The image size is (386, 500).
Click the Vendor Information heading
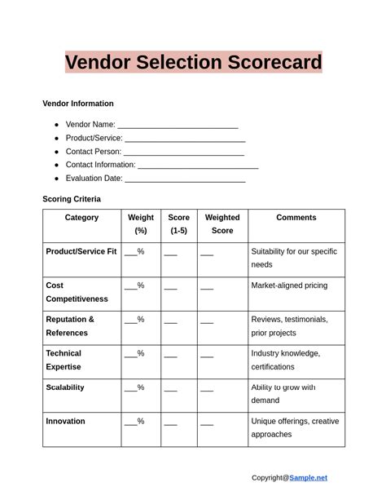click(x=78, y=104)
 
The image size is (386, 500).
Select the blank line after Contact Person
click(x=183, y=152)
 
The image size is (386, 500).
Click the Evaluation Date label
click(x=94, y=178)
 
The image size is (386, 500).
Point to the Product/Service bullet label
click(x=94, y=139)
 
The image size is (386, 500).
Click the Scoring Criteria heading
click(x=72, y=199)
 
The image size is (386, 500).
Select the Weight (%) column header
click(x=141, y=224)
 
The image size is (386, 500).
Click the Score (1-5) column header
click(x=178, y=224)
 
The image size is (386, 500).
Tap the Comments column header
click(x=296, y=218)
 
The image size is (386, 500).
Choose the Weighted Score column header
click(x=222, y=224)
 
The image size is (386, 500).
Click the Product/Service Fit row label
click(x=81, y=252)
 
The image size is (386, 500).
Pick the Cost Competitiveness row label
click(x=77, y=293)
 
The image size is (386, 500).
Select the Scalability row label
click(x=65, y=387)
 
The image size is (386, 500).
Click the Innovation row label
click(x=65, y=422)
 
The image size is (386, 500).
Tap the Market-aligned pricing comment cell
click(x=289, y=286)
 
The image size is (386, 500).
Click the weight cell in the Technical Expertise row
click(x=134, y=354)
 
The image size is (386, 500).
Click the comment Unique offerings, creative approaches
click(x=295, y=428)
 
